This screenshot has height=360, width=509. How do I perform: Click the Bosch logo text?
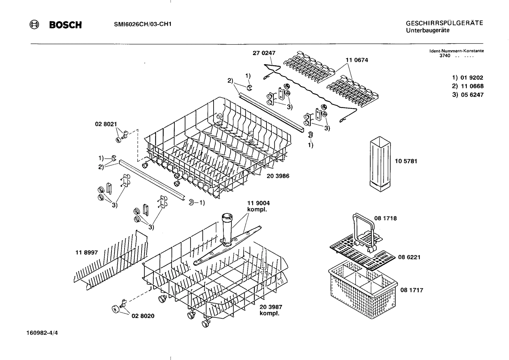(65, 25)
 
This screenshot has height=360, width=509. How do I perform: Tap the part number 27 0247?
(264, 53)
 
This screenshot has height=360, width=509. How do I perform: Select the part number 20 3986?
(278, 176)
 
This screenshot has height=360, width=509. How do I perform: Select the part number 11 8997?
(86, 253)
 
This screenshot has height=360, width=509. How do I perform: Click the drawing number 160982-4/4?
(42, 333)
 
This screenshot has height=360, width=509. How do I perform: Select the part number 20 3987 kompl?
(271, 310)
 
